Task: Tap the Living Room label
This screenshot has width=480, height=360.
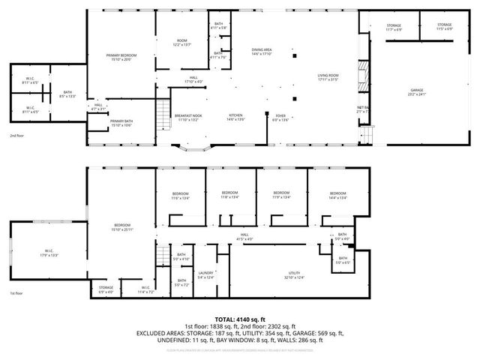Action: point(328,76)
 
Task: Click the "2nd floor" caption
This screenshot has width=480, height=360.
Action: point(17,136)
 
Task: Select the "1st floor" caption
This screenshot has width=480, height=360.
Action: point(17,293)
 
